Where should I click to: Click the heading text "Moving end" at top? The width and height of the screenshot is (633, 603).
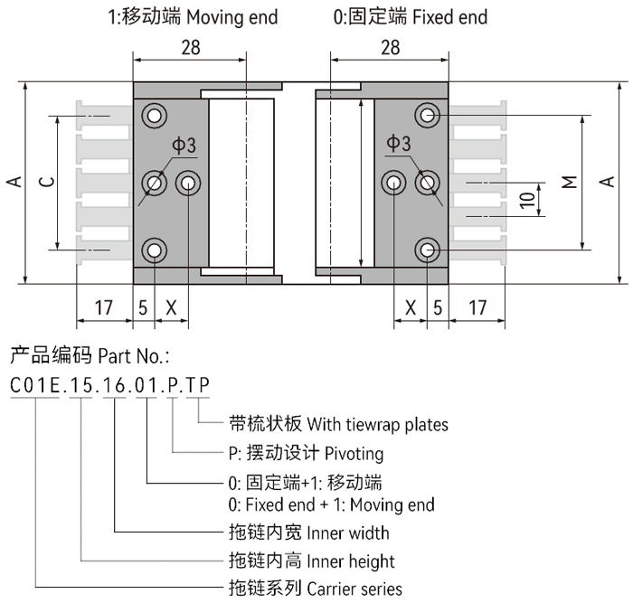(x=234, y=17)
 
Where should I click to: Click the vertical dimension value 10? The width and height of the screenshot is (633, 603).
(x=527, y=199)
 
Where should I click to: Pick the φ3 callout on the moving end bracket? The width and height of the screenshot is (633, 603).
(x=184, y=146)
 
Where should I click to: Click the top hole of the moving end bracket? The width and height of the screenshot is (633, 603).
(x=155, y=115)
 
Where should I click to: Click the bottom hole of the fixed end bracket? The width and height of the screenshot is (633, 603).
(x=427, y=250)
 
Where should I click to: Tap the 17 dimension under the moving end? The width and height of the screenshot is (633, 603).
(x=104, y=307)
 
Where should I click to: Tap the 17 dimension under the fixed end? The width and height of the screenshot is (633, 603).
(x=477, y=307)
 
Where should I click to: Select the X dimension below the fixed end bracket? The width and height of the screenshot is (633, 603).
(x=411, y=307)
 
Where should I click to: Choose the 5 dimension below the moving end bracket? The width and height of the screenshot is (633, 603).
(x=143, y=307)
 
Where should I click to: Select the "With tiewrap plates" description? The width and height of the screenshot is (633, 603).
(x=377, y=423)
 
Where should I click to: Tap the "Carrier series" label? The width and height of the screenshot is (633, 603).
(x=355, y=589)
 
